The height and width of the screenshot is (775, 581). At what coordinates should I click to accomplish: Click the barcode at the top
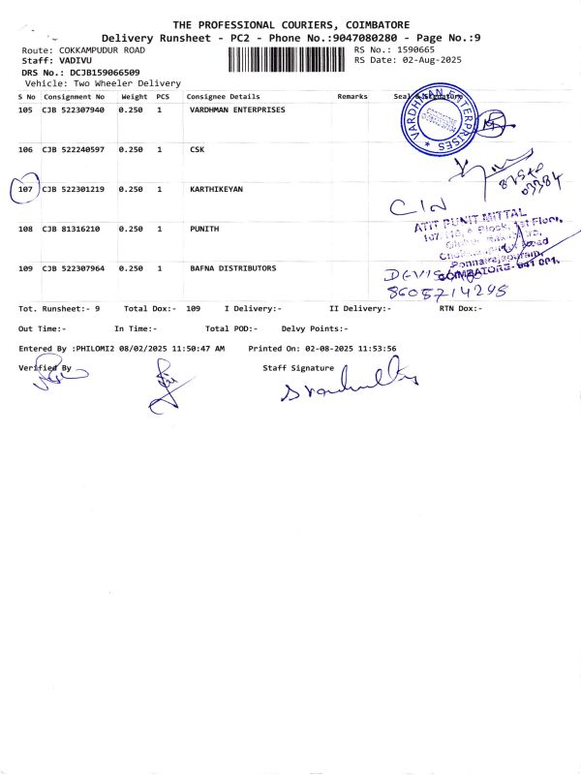289,59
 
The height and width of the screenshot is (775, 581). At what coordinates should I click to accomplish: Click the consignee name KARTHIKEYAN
216,189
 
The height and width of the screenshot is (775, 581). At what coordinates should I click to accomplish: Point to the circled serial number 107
26,189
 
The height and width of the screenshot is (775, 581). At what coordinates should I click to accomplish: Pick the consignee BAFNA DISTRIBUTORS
232,268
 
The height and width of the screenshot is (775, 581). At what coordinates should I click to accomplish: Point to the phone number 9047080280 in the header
330,37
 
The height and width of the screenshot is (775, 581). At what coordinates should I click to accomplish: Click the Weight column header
133,98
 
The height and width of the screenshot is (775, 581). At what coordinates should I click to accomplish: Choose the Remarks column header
352,98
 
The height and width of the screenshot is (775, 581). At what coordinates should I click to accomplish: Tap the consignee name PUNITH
205,229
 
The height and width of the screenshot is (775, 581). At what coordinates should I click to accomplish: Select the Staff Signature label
298,368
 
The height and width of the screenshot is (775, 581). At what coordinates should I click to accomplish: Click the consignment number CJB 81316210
70,229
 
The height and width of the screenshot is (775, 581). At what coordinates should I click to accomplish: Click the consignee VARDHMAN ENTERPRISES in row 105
237,110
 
